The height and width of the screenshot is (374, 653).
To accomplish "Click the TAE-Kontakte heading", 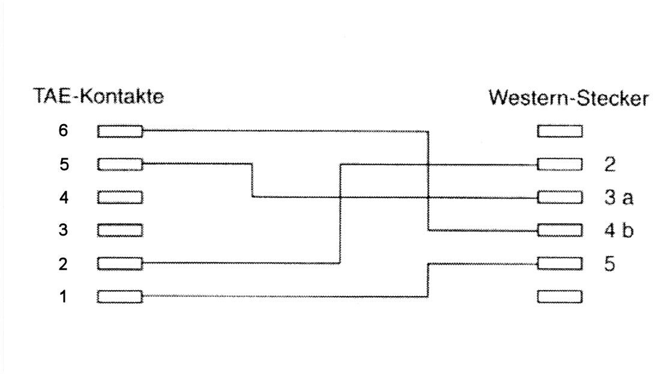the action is point(98,96).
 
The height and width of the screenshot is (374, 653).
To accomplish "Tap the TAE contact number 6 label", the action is point(63,131).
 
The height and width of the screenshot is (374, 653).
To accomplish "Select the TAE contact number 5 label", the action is point(64,164).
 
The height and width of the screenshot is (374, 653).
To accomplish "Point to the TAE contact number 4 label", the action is point(63,197).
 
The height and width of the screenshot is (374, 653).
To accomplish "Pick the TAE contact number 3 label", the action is point(63,230).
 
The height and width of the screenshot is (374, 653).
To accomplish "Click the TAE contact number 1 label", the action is point(63,297).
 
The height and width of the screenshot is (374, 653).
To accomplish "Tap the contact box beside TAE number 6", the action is point(120,131).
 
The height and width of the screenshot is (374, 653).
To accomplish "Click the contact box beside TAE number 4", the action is point(120,197).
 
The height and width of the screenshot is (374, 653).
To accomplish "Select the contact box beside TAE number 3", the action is point(120,230).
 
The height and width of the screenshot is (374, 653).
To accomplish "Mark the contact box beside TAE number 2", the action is point(120,263).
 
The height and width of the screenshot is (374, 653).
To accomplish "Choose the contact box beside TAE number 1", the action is point(120,297).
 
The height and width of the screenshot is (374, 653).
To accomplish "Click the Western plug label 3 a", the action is point(619,197).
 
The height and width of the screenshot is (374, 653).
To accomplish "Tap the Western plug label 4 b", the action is point(619,230).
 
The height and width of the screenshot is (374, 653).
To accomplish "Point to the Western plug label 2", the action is point(610,164).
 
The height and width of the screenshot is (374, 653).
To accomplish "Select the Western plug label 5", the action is point(610,264).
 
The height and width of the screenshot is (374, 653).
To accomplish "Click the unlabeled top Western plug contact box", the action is point(560,131).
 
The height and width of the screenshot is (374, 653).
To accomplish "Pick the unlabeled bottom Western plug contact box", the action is point(560,297).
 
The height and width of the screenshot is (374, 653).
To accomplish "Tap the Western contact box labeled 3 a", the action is point(560,197).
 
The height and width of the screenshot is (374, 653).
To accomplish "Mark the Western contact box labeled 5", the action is point(560,263).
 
